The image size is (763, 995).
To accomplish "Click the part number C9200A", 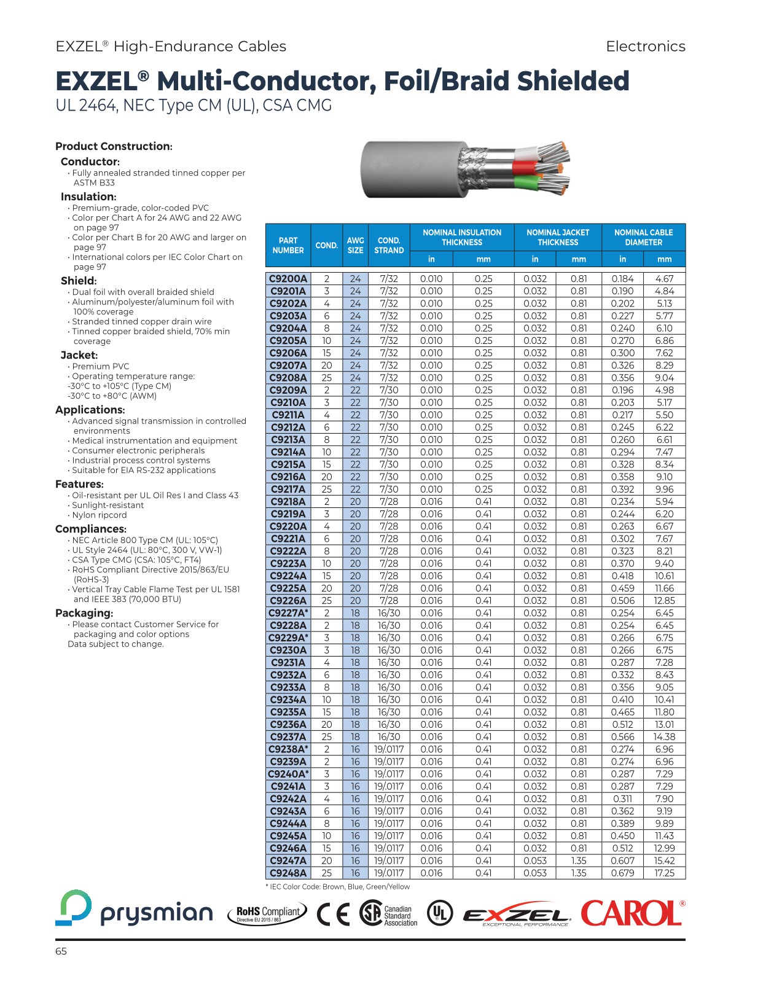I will pyautogui.click(x=288, y=279).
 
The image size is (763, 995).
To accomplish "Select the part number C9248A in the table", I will pyautogui.click(x=288, y=873).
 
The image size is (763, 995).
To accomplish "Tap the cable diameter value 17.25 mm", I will pyautogui.click(x=664, y=873).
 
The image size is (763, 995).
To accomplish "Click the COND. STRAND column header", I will pyautogui.click(x=389, y=246).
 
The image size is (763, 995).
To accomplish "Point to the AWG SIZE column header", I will pyautogui.click(x=355, y=246).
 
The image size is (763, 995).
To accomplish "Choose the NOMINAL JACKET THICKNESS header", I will pyautogui.click(x=557, y=238).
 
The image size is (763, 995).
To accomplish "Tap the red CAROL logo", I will pyautogui.click(x=632, y=913).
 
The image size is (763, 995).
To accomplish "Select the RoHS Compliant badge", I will pyautogui.click(x=268, y=914).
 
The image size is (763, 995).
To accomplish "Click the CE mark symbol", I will pyautogui.click(x=334, y=914).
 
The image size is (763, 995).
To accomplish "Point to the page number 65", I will pyautogui.click(x=61, y=951).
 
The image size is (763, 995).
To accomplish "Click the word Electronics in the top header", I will pyautogui.click(x=645, y=47).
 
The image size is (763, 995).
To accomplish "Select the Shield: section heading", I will pyautogui.click(x=78, y=281).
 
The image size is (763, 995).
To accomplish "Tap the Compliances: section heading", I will pyautogui.click(x=90, y=529).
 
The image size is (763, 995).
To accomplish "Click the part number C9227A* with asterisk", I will pyautogui.click(x=288, y=613).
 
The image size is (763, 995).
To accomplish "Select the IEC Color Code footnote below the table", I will pyautogui.click(x=337, y=887).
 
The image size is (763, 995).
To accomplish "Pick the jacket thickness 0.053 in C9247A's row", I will pyautogui.click(x=534, y=861).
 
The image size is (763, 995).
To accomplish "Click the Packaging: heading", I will pyautogui.click(x=84, y=613).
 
